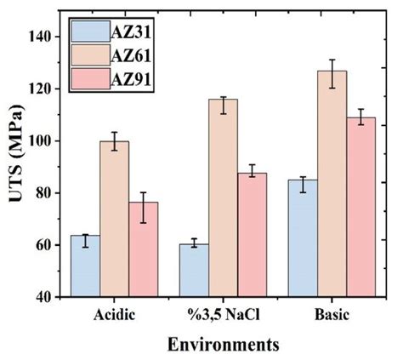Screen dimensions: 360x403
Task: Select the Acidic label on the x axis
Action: (x=115, y=313)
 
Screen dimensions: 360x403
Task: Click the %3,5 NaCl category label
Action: (x=223, y=313)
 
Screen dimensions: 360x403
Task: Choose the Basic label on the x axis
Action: (x=331, y=313)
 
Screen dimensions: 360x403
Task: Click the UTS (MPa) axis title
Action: (x=14, y=167)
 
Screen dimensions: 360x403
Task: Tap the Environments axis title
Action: (x=223, y=345)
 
